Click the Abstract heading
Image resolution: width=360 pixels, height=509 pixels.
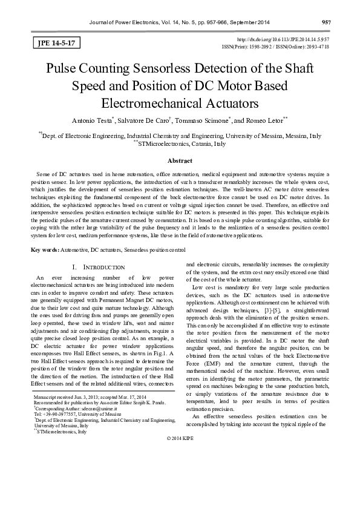[180, 160]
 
